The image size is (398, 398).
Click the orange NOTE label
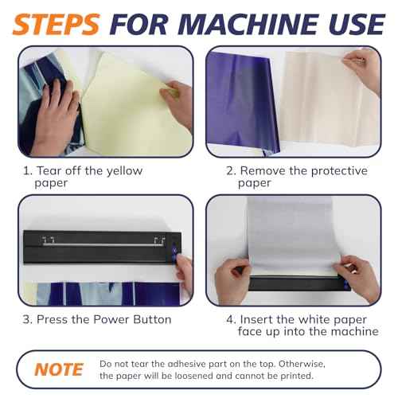point(59,369)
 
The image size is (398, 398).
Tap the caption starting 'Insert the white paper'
point(295,325)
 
